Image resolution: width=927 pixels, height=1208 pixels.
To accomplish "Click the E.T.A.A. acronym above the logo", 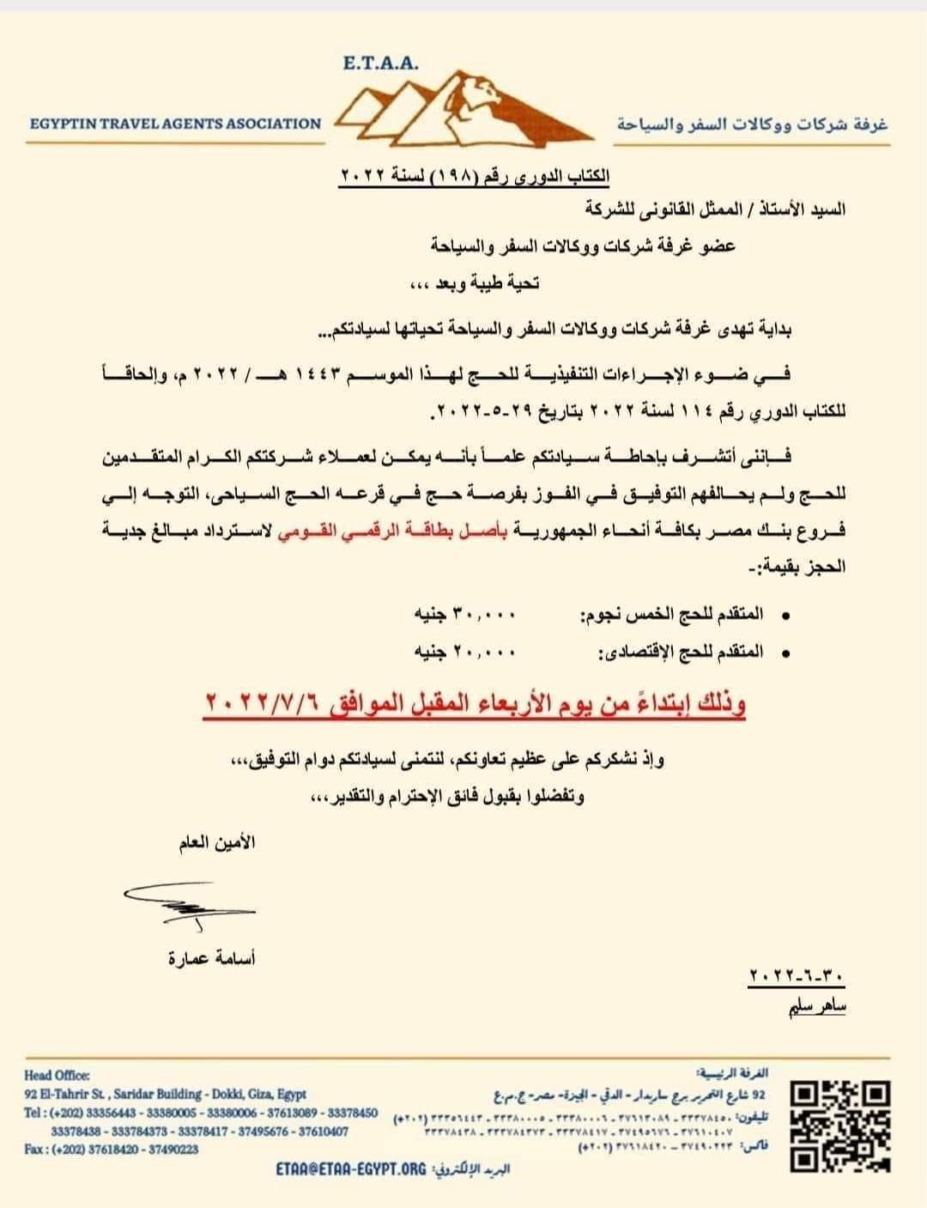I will [379, 63].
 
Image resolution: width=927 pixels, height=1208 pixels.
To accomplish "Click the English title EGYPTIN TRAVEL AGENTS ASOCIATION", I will [175, 124].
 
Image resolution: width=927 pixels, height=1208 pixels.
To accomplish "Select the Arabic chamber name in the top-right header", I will [752, 125].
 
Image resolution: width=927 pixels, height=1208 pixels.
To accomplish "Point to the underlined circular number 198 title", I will [476, 175].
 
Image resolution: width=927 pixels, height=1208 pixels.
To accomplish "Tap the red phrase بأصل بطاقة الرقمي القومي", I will [591, 531].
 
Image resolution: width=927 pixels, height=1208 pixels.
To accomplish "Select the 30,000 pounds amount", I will [465, 615].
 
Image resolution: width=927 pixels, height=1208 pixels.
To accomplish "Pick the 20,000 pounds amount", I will [465, 652].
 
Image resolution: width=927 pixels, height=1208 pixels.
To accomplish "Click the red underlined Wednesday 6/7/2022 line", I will [475, 705].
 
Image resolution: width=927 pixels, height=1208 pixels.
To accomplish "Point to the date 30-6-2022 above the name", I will [797, 976].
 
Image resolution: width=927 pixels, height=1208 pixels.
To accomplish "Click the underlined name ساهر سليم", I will [817, 1005].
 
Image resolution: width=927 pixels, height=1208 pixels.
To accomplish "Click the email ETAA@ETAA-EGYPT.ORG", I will [351, 1169].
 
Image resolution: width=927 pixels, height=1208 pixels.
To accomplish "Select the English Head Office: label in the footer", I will [57, 1075].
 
